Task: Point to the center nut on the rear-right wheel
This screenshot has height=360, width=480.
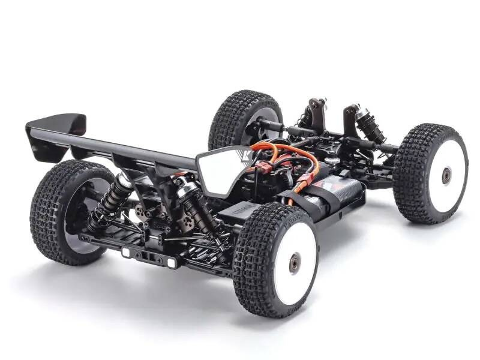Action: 295,263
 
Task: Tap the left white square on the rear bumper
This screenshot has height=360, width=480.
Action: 127,253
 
